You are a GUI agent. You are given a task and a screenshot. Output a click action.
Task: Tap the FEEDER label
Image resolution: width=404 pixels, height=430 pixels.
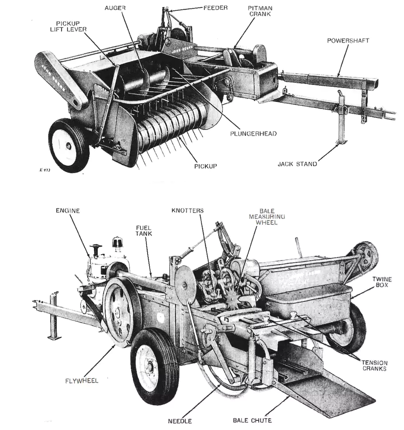pos(215,8)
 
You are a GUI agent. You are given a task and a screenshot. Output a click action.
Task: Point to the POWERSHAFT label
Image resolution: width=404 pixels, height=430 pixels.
pos(348,41)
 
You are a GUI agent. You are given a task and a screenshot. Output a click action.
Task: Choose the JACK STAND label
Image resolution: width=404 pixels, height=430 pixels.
pos(297,164)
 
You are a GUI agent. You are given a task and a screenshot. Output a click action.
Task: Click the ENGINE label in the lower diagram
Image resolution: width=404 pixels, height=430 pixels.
pos(68,211)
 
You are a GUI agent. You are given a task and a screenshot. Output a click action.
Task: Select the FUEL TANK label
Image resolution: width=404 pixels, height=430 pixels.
pos(143,230)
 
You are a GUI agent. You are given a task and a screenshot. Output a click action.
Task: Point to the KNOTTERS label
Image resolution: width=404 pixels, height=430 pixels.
pos(187,210)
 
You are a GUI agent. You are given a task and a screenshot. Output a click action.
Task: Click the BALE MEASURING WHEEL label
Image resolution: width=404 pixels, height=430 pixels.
pos(267,217)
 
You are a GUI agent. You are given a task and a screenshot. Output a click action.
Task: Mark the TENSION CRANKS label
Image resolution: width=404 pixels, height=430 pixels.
pos(374,366)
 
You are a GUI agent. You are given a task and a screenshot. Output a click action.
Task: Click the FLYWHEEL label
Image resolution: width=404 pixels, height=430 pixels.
pos(82,381)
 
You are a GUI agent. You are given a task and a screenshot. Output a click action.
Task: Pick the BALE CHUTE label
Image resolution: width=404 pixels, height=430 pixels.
pos(252,420)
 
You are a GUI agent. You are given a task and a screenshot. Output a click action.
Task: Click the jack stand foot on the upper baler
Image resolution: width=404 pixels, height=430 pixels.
pos(342,142)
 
